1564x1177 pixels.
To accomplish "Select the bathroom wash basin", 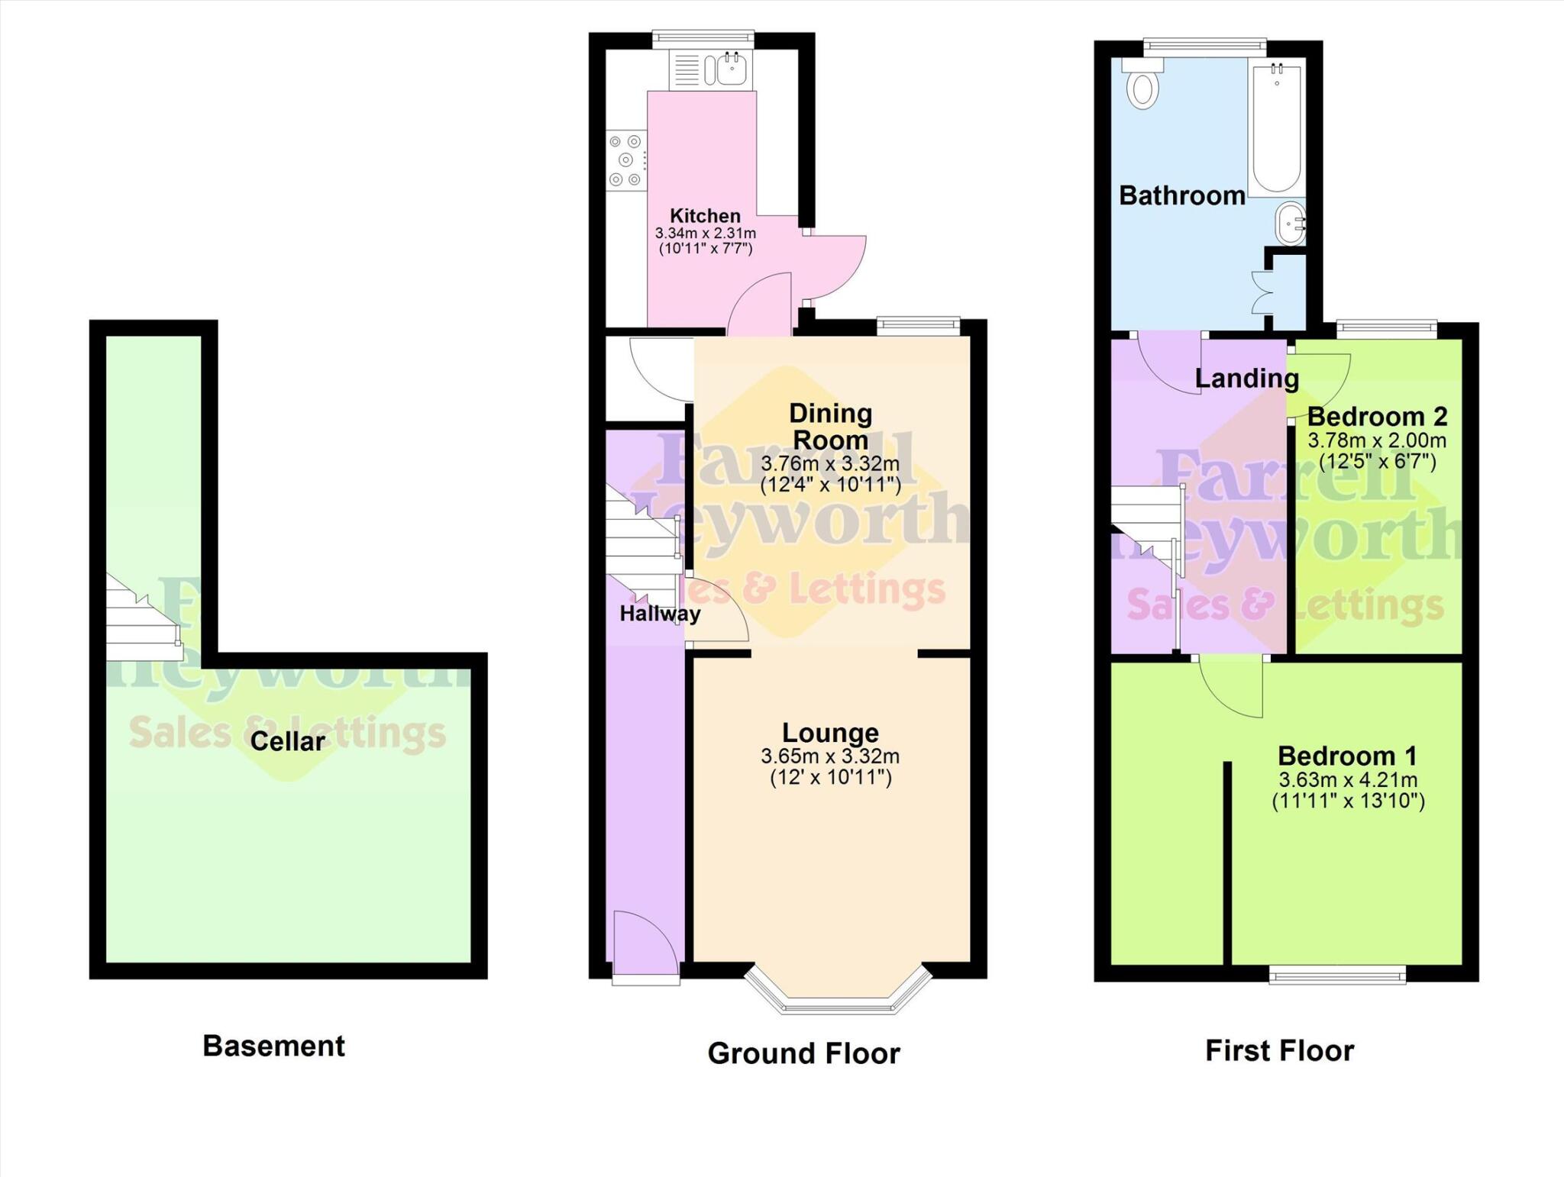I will click(1290, 224).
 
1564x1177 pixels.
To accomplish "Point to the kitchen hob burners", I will click(626, 160).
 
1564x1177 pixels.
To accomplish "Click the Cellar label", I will click(287, 741).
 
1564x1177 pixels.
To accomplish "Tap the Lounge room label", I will click(830, 733).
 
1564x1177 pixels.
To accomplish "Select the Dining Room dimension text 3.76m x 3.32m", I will click(830, 463).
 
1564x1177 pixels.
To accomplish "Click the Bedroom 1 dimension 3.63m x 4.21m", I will click(1348, 780).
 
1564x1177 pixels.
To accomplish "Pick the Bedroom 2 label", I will click(1377, 417).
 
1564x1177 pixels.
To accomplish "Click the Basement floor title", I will click(273, 1046).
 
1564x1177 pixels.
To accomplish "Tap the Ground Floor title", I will click(803, 1053).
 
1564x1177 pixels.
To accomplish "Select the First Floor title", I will click(1279, 1050).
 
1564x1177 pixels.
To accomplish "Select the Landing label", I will click(1246, 378).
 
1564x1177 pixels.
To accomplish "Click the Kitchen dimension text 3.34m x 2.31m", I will click(705, 233).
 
